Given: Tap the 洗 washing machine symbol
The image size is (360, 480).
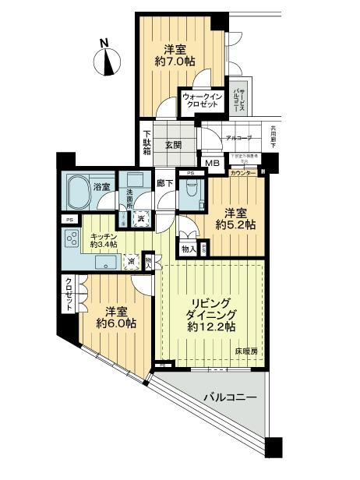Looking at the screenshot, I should click(142, 220).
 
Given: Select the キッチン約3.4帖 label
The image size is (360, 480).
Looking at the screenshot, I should click(103, 239).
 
